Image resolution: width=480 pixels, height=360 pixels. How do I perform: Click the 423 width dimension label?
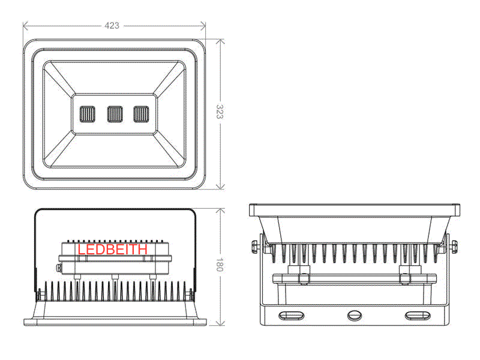click(112, 25)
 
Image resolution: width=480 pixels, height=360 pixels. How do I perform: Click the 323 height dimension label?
click(220, 112)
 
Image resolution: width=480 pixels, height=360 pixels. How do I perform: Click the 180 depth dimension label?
click(220, 265)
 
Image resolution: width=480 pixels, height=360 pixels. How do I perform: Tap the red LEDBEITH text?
click(113, 250)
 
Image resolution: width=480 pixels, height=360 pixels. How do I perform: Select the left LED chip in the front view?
click(87, 114)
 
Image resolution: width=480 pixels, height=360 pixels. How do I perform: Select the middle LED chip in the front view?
click(115, 114)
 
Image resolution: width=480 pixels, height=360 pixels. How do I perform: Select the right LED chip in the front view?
click(141, 114)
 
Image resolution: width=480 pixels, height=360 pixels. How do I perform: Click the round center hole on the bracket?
click(355, 316)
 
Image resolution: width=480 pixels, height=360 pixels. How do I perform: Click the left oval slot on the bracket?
click(291, 316)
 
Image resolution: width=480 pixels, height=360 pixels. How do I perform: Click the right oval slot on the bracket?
click(418, 316)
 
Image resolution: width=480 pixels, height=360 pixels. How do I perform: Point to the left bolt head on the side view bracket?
click(254, 247)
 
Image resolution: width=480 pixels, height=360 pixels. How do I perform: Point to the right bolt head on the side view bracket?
click(455, 247)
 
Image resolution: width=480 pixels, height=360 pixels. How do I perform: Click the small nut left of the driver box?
click(59, 268)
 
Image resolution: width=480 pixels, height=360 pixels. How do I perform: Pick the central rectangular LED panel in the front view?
click(115, 114)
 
